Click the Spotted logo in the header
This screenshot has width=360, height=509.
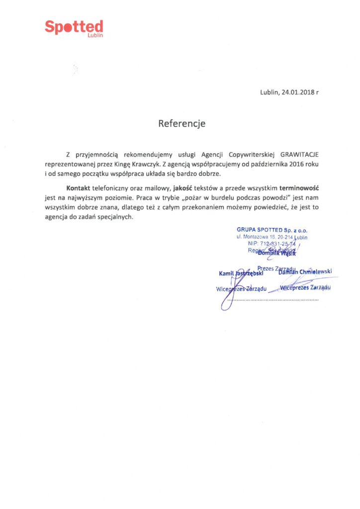tap(74, 27)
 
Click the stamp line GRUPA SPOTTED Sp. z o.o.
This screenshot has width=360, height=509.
tap(271, 230)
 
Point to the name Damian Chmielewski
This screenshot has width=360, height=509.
tap(305, 271)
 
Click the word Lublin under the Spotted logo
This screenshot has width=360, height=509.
tap(94, 36)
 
